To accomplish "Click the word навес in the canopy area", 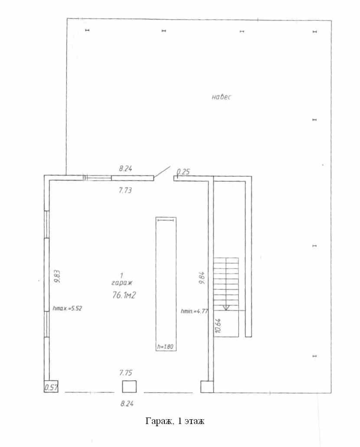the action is coord(221,97).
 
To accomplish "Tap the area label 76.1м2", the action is coord(124,295).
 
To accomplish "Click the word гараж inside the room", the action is coord(122,283).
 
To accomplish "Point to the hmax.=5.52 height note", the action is coord(68,308).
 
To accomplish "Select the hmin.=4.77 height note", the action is coord(194,311).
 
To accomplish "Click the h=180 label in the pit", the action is coord(166,347).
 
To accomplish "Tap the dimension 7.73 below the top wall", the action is coord(125,190).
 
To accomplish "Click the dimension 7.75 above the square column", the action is coord(126,373).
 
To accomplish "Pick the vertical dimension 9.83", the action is coord(57,276).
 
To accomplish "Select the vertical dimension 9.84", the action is coord(202,278).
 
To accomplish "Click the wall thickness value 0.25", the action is coord(183,171).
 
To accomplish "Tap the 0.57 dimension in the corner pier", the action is coord(51,388).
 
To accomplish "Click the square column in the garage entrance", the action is coord(129,387).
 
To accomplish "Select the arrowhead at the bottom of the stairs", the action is coord(226,308).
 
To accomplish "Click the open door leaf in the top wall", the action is coord(162,171).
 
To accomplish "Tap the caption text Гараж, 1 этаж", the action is coord(175,421).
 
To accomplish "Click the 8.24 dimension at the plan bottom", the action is coord(127,404).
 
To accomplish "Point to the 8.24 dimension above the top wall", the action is coord(125,168).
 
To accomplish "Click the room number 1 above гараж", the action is coord(121,276).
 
